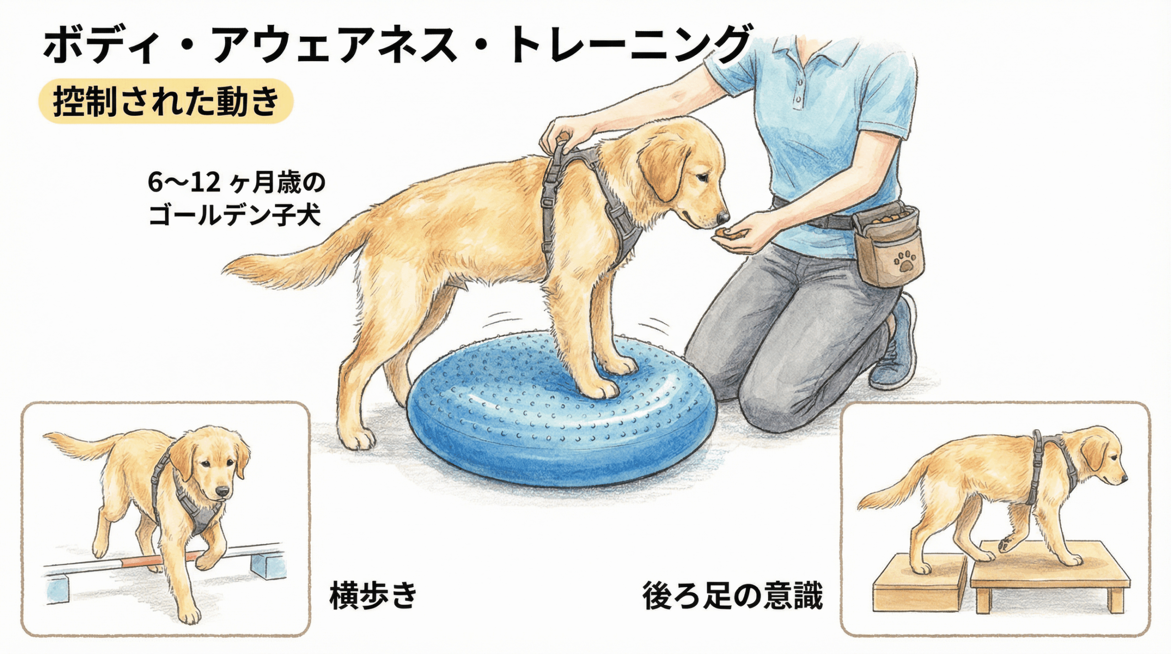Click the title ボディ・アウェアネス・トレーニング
click(397, 44)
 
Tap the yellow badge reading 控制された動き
click(166, 101)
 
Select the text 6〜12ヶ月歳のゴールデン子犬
click(236, 199)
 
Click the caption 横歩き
click(373, 595)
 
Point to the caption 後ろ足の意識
click(732, 595)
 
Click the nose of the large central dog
click(723, 216)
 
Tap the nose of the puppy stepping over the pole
click(222, 492)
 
